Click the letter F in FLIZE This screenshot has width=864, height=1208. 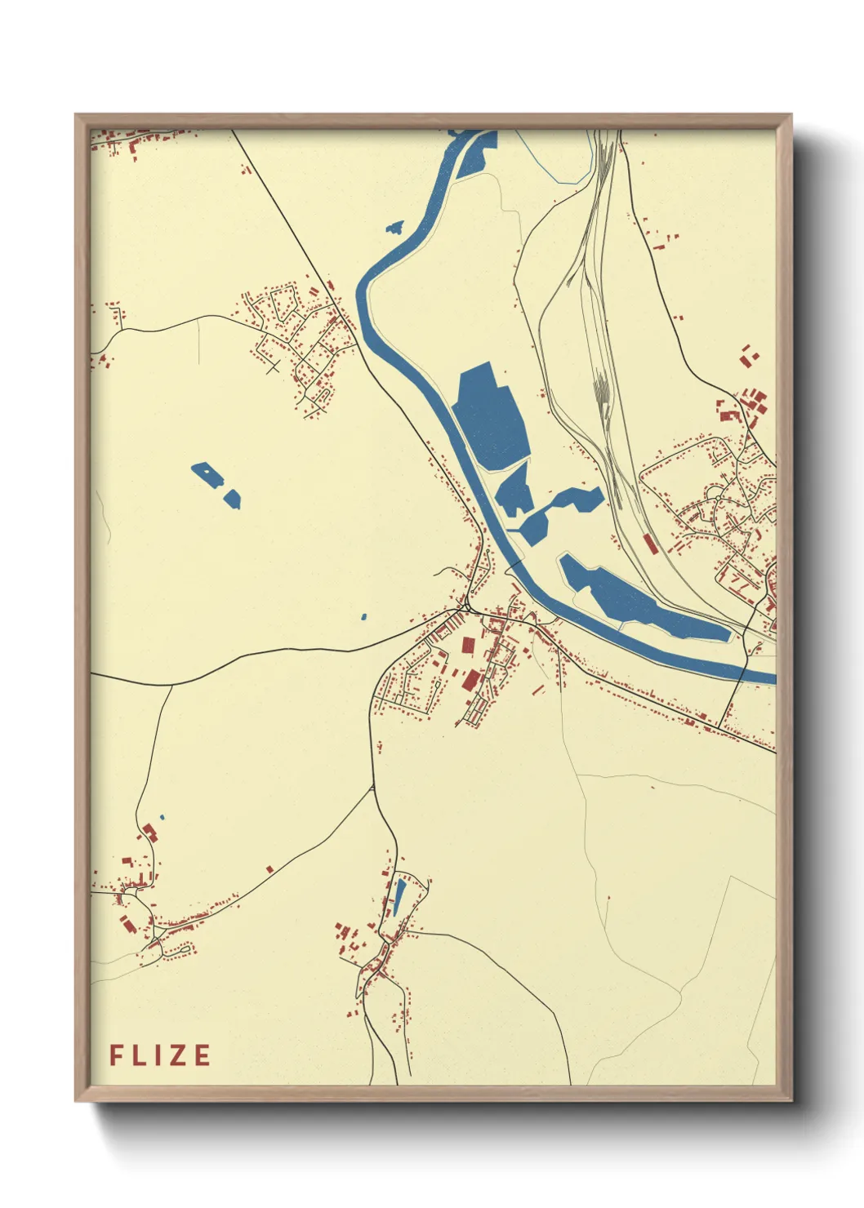pyautogui.click(x=116, y=1055)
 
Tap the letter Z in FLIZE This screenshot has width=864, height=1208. pyautogui.click(x=179, y=1055)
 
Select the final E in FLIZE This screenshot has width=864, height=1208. pyautogui.click(x=203, y=1055)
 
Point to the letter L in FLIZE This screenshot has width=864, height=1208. pyautogui.click(x=139, y=1055)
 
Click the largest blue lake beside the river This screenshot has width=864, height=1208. pyautogui.click(x=490, y=416)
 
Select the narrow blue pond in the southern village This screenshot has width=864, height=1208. pyautogui.click(x=399, y=895)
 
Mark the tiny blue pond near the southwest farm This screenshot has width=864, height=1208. pyautogui.click(x=162, y=817)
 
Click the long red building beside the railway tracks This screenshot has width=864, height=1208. pyautogui.click(x=650, y=544)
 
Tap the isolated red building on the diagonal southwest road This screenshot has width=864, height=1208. pyautogui.click(x=269, y=869)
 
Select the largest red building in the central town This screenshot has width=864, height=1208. pyautogui.click(x=472, y=680)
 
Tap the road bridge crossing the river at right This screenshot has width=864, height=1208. pyautogui.click(x=743, y=669)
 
